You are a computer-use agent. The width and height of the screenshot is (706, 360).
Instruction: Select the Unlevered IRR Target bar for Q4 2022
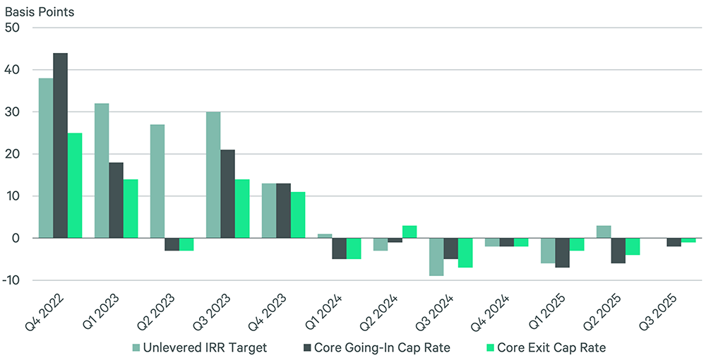[45, 158]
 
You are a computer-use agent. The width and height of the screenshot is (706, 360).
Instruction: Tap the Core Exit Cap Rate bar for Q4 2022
[75, 186]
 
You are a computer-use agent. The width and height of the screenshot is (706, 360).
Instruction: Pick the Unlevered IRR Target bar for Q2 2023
[157, 181]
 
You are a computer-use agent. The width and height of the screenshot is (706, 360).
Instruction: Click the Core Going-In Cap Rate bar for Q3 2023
[227, 194]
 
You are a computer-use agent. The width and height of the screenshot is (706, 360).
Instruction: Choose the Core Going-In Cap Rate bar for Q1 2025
[562, 253]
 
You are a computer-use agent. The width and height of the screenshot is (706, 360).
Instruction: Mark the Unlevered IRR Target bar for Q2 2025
[603, 232]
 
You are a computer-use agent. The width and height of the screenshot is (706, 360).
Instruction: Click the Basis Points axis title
[40, 12]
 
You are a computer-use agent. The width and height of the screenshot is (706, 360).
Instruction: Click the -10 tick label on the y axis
[13, 280]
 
